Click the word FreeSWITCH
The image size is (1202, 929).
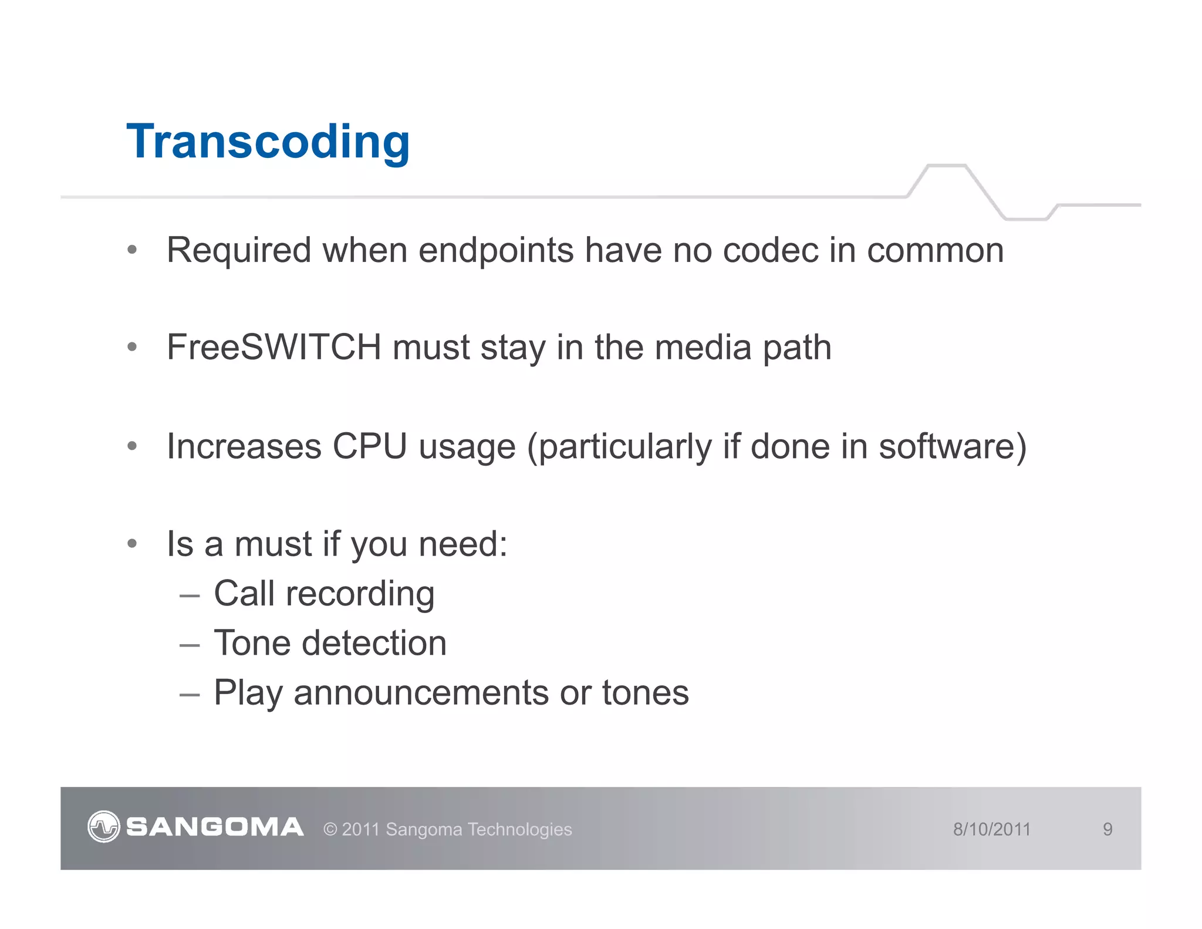[x=274, y=347]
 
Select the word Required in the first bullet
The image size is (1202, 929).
[x=238, y=250]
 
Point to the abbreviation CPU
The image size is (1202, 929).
[x=369, y=446]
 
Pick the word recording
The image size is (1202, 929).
[x=360, y=594]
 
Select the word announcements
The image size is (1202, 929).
[x=421, y=693]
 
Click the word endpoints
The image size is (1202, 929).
[x=496, y=251]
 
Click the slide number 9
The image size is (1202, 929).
[x=1108, y=829]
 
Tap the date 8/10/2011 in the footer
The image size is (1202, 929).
[x=992, y=829]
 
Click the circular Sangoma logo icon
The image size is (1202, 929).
[x=104, y=827]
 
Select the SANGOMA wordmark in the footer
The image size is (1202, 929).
[x=215, y=827]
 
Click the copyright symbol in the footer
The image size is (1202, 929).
[x=330, y=830]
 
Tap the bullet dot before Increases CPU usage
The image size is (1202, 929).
[x=132, y=446]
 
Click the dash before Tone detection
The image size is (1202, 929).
[x=190, y=645]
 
